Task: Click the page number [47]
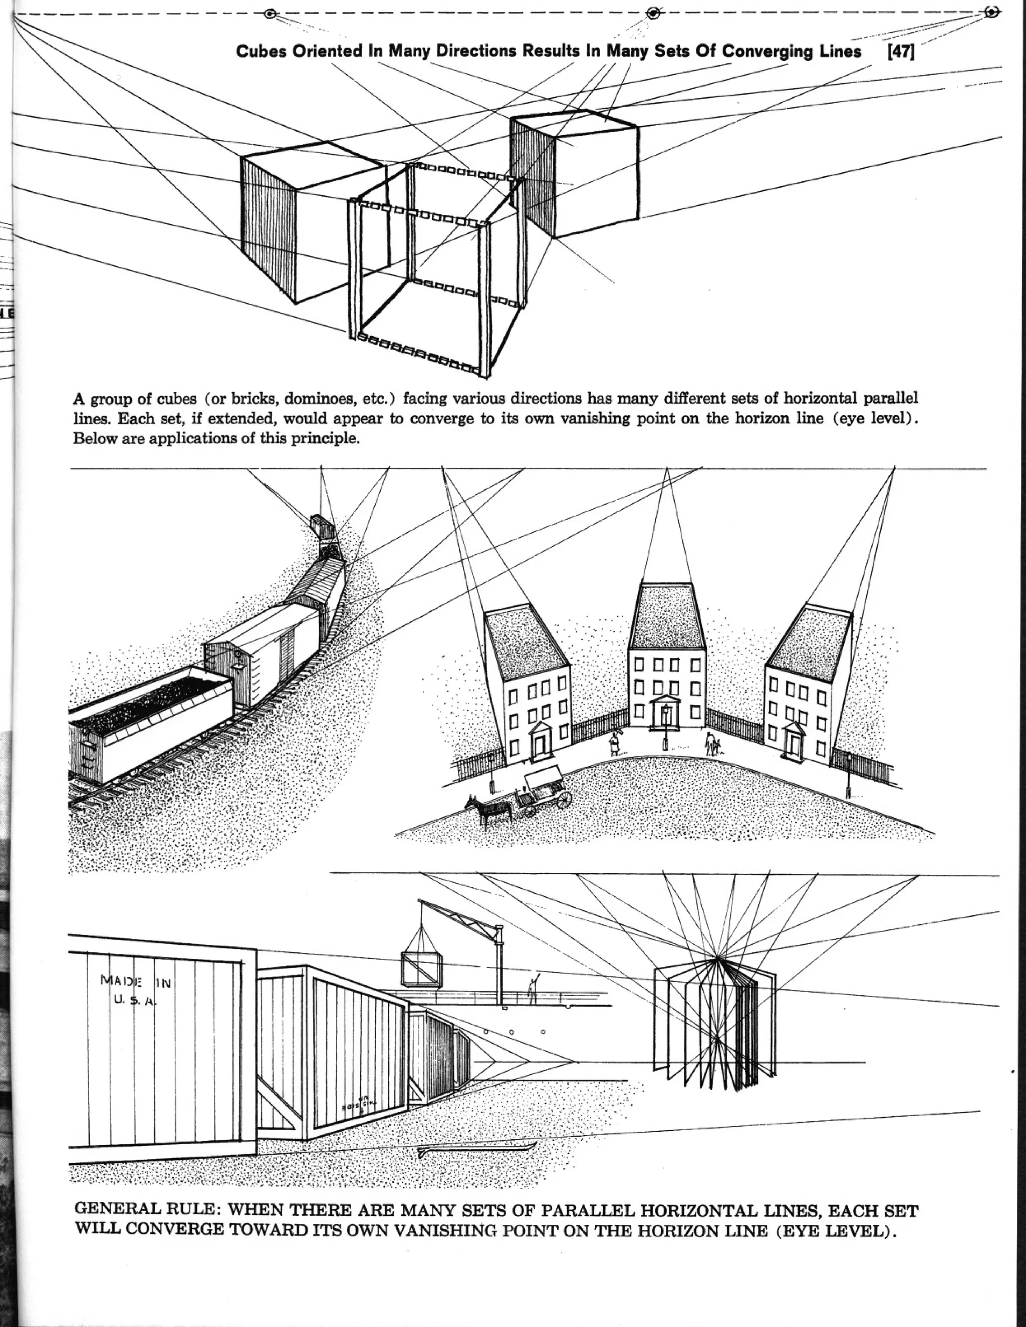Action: [901, 52]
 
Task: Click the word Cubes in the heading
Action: [262, 52]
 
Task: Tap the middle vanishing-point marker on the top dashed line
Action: [653, 13]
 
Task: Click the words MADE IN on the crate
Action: [137, 980]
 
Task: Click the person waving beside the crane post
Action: [533, 990]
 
